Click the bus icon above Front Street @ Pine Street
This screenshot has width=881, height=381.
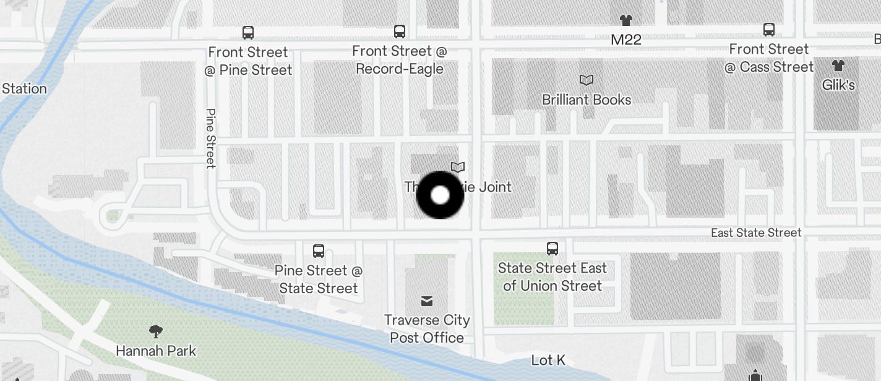click(x=248, y=32)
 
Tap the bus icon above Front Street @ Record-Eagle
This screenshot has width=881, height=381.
click(x=400, y=31)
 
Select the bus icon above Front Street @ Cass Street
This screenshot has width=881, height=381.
click(x=769, y=29)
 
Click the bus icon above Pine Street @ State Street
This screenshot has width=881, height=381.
click(x=319, y=251)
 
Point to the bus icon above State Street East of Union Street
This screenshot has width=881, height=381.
click(x=552, y=249)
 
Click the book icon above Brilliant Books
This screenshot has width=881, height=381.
click(x=586, y=80)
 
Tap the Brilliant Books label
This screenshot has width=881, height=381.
click(x=587, y=100)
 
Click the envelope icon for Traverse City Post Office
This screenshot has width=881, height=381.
click(x=426, y=301)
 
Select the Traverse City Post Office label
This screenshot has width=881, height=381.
click(x=427, y=328)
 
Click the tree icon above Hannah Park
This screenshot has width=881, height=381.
click(x=156, y=332)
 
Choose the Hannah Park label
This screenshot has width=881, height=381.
click(x=156, y=351)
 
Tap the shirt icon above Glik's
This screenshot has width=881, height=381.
click(x=838, y=65)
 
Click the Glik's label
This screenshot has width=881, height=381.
click(x=838, y=85)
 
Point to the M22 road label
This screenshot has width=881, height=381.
click(x=626, y=40)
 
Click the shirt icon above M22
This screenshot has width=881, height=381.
click(x=626, y=20)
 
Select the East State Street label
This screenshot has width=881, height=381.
click(x=756, y=233)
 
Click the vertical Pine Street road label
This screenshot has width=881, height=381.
click(x=210, y=139)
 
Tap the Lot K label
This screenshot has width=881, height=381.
click(x=549, y=360)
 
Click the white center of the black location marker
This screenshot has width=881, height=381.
click(x=440, y=195)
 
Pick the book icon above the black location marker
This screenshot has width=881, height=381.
click(x=458, y=167)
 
